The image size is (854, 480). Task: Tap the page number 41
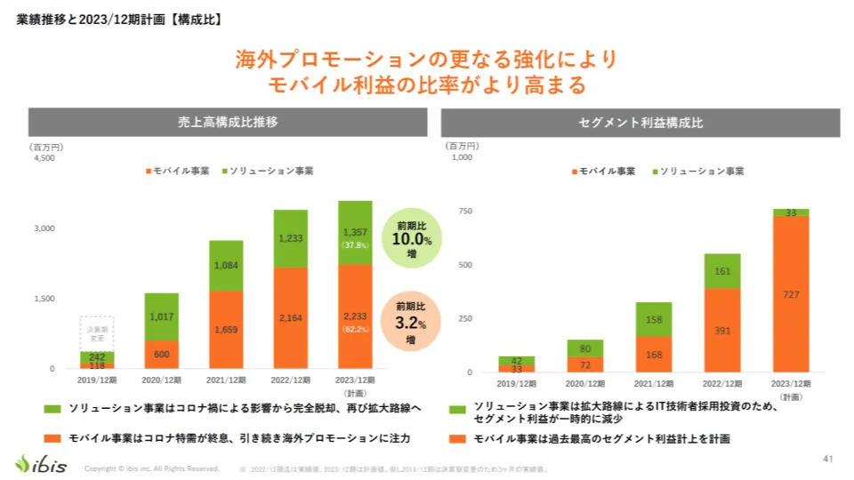pyautogui.click(x=827, y=459)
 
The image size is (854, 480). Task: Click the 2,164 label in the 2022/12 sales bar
pyautogui.click(x=290, y=317)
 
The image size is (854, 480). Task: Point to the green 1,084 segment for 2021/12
pyautogui.click(x=226, y=265)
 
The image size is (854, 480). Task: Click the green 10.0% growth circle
pyautogui.click(x=412, y=235)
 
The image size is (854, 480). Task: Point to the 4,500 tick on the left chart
pyautogui.click(x=44, y=158)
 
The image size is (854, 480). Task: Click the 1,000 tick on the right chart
pyautogui.click(x=461, y=158)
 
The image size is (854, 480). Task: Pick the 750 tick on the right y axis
pyautogui.click(x=463, y=211)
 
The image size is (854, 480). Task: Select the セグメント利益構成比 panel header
pyautogui.click(x=640, y=123)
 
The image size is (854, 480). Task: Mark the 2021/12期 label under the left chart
pyautogui.click(x=226, y=380)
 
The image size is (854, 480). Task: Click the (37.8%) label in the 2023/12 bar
pyautogui.click(x=354, y=244)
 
